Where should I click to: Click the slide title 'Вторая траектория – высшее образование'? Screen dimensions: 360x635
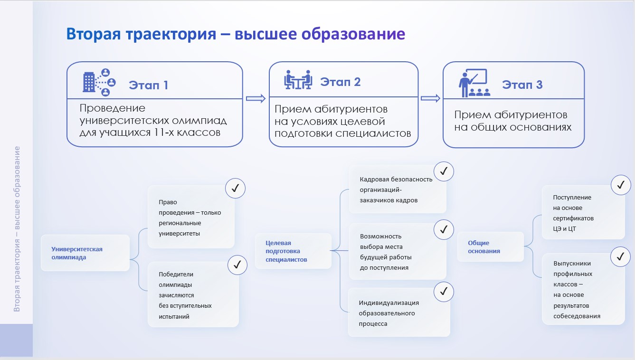[236, 34]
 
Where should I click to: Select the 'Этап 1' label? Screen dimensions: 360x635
[148, 85]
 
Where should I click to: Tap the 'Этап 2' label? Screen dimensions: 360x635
[341, 82]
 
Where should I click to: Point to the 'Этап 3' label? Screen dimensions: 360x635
[522, 85]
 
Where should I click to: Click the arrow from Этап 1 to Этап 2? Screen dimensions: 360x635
[256, 98]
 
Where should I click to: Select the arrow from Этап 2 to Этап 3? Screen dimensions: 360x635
[430, 98]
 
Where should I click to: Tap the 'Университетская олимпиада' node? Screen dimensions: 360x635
[77, 253]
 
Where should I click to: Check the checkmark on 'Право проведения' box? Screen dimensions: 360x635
[235, 189]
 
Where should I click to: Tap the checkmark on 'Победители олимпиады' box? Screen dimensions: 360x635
[237, 265]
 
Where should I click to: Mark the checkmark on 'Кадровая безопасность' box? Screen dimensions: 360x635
[444, 172]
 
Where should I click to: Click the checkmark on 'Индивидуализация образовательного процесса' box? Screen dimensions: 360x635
[444, 291]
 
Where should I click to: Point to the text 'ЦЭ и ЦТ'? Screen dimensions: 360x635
[564, 229]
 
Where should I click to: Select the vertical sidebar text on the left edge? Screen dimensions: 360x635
[17, 229]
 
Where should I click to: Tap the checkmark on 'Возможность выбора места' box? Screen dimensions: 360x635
[444, 230]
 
